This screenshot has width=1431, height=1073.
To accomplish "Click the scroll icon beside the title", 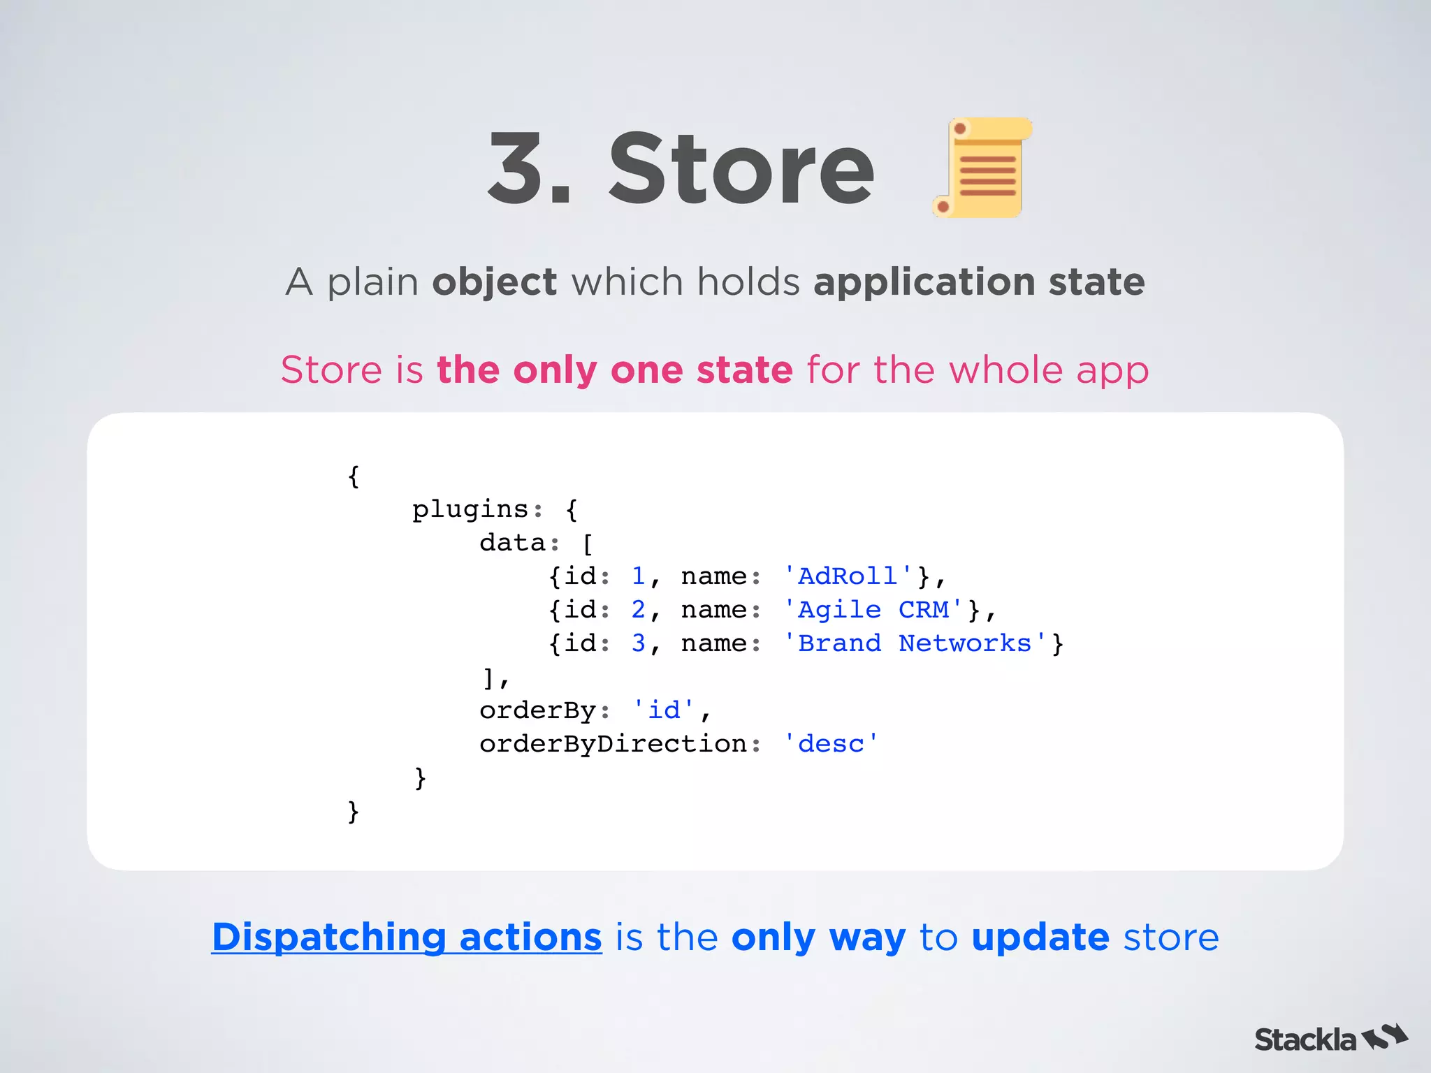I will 982,168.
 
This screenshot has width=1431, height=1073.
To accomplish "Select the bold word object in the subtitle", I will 494,282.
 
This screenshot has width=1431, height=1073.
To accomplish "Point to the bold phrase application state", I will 979,282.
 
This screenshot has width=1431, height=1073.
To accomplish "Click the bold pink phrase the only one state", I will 614,370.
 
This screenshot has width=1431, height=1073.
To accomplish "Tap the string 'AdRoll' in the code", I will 848,576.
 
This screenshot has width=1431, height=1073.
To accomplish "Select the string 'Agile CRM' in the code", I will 873,610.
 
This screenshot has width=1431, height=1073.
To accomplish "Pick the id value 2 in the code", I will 638,610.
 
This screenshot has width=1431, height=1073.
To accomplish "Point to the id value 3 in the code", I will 638,643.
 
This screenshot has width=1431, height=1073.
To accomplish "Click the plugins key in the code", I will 470,509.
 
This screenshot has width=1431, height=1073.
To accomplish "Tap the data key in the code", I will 512,543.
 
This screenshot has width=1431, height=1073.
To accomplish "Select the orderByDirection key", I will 613,744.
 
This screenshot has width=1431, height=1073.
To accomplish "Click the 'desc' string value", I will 831,744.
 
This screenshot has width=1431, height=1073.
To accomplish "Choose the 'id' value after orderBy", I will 663,710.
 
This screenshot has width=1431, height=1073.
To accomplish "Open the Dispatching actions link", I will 407,937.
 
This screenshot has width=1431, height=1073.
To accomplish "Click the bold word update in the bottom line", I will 1040,937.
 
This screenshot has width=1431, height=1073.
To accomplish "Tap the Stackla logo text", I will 1305,1039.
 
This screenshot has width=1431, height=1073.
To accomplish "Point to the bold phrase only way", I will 818,937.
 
